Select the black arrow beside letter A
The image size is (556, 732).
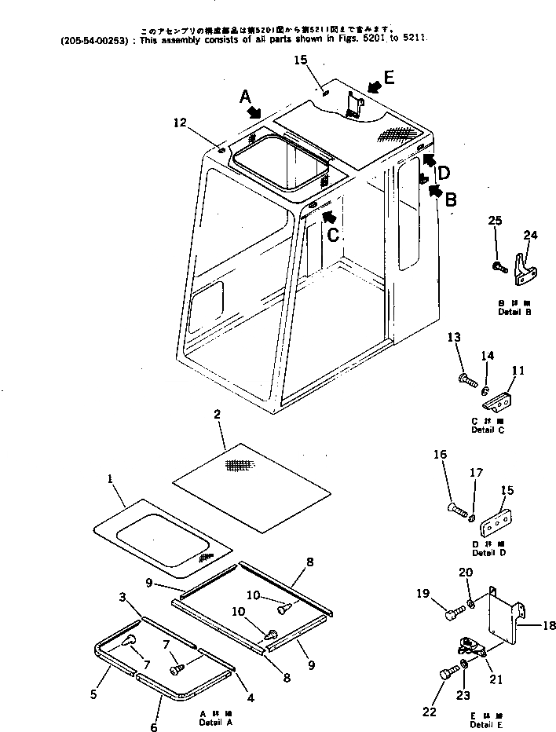[254, 112]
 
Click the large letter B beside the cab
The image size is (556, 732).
[450, 200]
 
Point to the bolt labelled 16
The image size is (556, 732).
[460, 513]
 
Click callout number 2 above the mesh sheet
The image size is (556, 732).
[216, 413]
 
